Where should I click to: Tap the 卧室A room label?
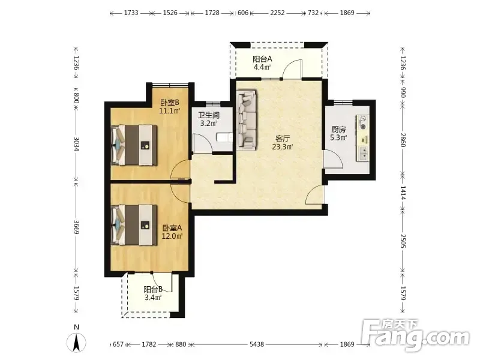(172, 228)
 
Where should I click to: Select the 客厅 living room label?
(283, 139)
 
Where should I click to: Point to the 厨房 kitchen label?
(338, 130)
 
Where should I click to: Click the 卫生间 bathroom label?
(209, 115)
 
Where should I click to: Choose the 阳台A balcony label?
(262, 59)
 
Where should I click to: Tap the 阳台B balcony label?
(153, 289)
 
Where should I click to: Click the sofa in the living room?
(247, 121)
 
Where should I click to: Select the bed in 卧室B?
(134, 145)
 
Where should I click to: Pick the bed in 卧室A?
(134, 225)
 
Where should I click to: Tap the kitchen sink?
(363, 154)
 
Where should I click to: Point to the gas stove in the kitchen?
(363, 122)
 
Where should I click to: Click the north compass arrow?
(77, 342)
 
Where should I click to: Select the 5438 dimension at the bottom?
(257, 344)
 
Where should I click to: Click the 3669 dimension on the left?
(77, 227)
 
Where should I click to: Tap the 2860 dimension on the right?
(403, 140)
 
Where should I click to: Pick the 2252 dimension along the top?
(277, 13)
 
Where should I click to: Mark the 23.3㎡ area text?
(283, 147)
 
